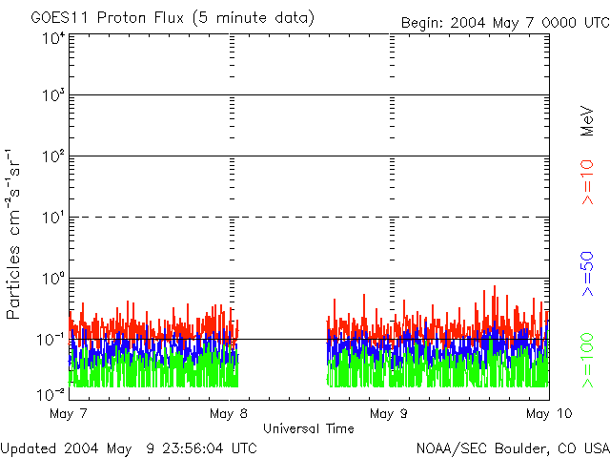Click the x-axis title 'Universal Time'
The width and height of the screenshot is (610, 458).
(308, 428)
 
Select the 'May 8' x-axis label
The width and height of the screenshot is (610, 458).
(228, 413)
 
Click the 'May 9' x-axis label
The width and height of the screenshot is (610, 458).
(388, 413)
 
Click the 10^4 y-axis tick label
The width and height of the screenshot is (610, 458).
(52, 39)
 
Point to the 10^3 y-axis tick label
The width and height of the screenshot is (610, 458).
(52, 96)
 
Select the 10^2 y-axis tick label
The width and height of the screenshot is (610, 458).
(52, 157)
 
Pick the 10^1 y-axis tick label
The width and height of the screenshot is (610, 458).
(52, 219)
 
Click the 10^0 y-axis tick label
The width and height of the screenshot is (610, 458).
(52, 280)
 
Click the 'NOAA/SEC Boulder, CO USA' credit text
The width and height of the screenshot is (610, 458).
(512, 448)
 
